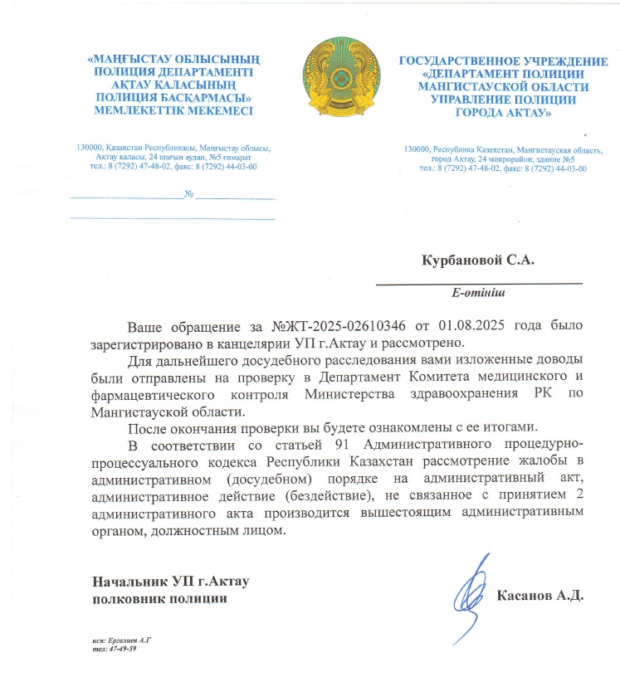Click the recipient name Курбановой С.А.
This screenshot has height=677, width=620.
(477, 261)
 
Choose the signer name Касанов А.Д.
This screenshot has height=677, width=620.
(540, 596)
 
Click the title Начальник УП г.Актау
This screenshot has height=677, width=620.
(171, 582)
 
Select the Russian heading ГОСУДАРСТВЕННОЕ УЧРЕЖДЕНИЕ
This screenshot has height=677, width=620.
(504, 61)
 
